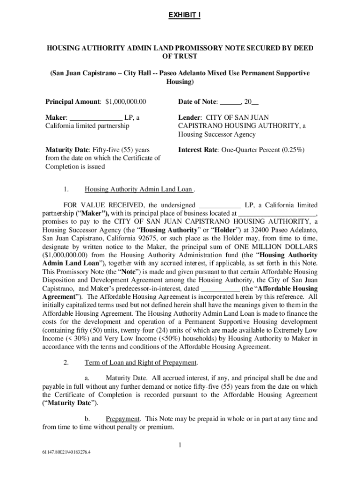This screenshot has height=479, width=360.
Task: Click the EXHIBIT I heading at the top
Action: pos(184,15)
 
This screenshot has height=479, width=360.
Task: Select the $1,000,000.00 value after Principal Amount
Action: pos(126,102)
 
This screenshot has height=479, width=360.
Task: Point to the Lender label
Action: pos(189,118)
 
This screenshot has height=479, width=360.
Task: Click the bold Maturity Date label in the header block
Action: pos(65,150)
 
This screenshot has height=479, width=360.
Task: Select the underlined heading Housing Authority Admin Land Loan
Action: pos(138,189)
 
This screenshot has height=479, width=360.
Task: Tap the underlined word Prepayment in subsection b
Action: pos(123,419)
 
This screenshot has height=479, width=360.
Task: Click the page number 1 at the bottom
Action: pos(180,445)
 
